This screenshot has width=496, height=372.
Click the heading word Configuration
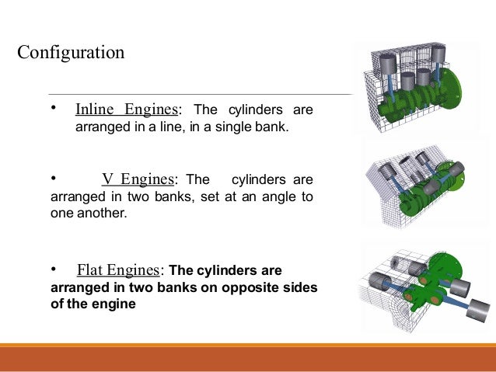pyautogui.click(x=71, y=54)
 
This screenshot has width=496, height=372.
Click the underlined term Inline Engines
pyautogui.click(x=128, y=109)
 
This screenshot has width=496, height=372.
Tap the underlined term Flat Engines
pyautogui.click(x=119, y=270)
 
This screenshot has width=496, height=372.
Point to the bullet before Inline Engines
pyautogui.click(x=54, y=107)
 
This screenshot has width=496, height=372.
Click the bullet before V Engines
pyautogui.click(x=54, y=179)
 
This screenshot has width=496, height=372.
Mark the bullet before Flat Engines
pyautogui.click(x=54, y=269)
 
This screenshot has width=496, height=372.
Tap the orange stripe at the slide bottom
pyautogui.click(x=248, y=346)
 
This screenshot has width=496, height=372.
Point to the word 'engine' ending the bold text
pyautogui.click(x=115, y=304)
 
